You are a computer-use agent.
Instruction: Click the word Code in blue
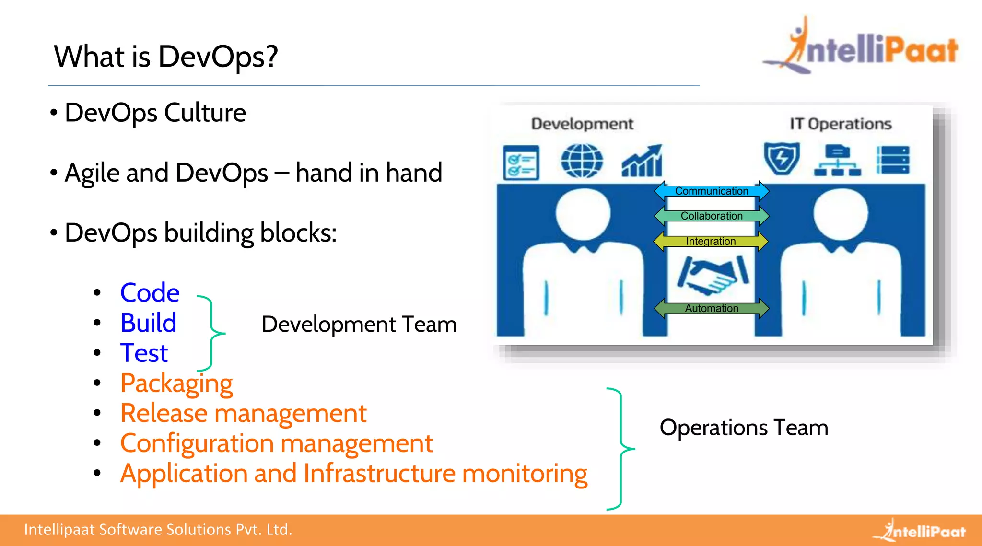(x=150, y=292)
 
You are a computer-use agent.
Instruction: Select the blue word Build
(x=148, y=323)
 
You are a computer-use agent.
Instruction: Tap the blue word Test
(x=144, y=353)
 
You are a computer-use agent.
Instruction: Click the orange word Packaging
(x=176, y=383)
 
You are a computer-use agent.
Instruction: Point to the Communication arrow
(x=712, y=191)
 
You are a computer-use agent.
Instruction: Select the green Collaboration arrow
(x=712, y=216)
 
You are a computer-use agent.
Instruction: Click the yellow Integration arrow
(x=711, y=241)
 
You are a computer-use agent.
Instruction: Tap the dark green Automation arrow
(x=712, y=308)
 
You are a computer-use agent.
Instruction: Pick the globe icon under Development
(x=582, y=161)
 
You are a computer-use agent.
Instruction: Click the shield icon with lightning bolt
(x=782, y=159)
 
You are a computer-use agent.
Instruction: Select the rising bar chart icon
(x=642, y=161)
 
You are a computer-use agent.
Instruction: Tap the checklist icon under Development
(x=521, y=163)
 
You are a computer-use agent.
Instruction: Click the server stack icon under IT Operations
(x=892, y=160)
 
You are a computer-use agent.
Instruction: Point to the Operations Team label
(x=744, y=428)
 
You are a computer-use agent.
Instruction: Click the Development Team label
(x=359, y=325)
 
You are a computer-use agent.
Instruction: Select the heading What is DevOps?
(x=166, y=57)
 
